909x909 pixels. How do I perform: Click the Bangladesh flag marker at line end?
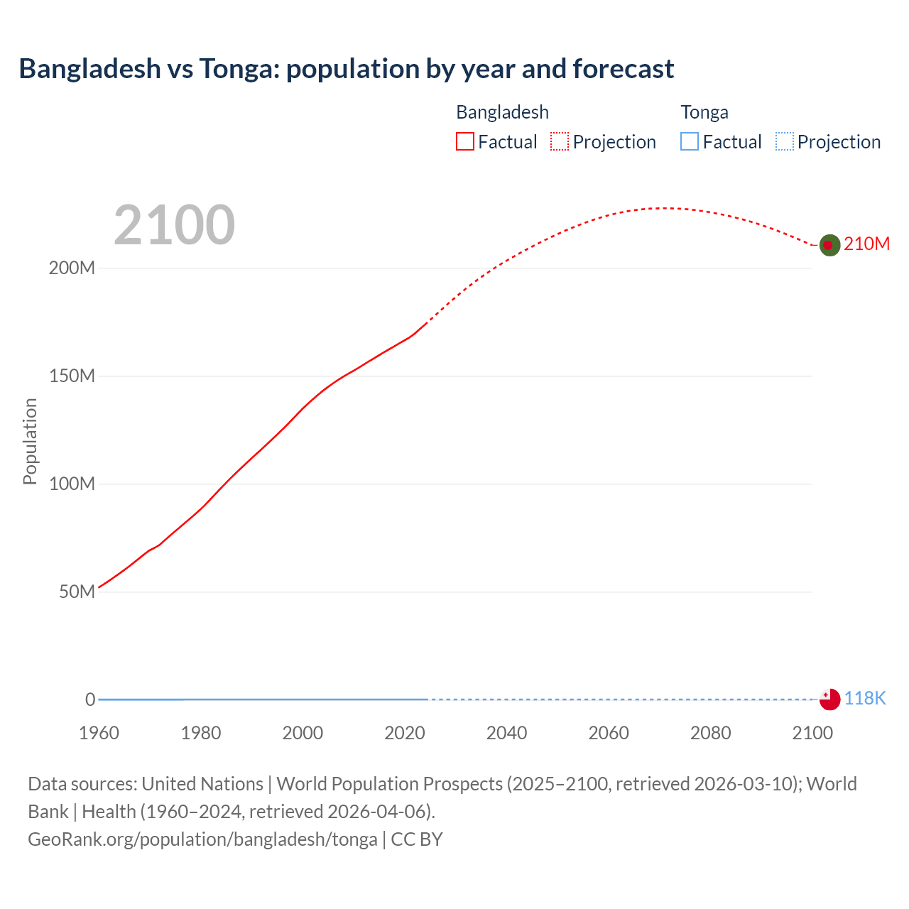click(829, 245)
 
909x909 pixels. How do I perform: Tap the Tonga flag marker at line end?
click(829, 699)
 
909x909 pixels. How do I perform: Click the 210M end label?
click(866, 244)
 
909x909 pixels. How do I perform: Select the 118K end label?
click(865, 698)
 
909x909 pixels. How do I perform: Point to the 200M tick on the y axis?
click(72, 268)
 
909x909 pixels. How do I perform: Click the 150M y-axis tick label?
click(72, 376)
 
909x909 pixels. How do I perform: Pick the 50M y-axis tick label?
click(77, 592)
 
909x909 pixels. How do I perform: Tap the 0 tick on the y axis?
click(90, 700)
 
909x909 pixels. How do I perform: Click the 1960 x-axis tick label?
click(99, 733)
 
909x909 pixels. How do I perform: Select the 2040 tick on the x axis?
click(506, 733)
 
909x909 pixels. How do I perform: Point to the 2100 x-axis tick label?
click(812, 733)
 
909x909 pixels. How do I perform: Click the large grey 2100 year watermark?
click(174, 225)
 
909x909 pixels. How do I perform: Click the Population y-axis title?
click(30, 441)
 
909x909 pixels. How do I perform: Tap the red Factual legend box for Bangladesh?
click(464, 141)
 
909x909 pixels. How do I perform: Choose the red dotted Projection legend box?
click(560, 141)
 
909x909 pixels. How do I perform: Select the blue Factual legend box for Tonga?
click(689, 141)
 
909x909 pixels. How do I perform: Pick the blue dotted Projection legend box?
click(784, 141)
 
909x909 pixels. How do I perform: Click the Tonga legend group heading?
click(704, 112)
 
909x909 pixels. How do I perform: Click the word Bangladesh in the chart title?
click(90, 69)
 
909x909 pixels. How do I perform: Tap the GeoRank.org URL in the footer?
click(202, 839)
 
